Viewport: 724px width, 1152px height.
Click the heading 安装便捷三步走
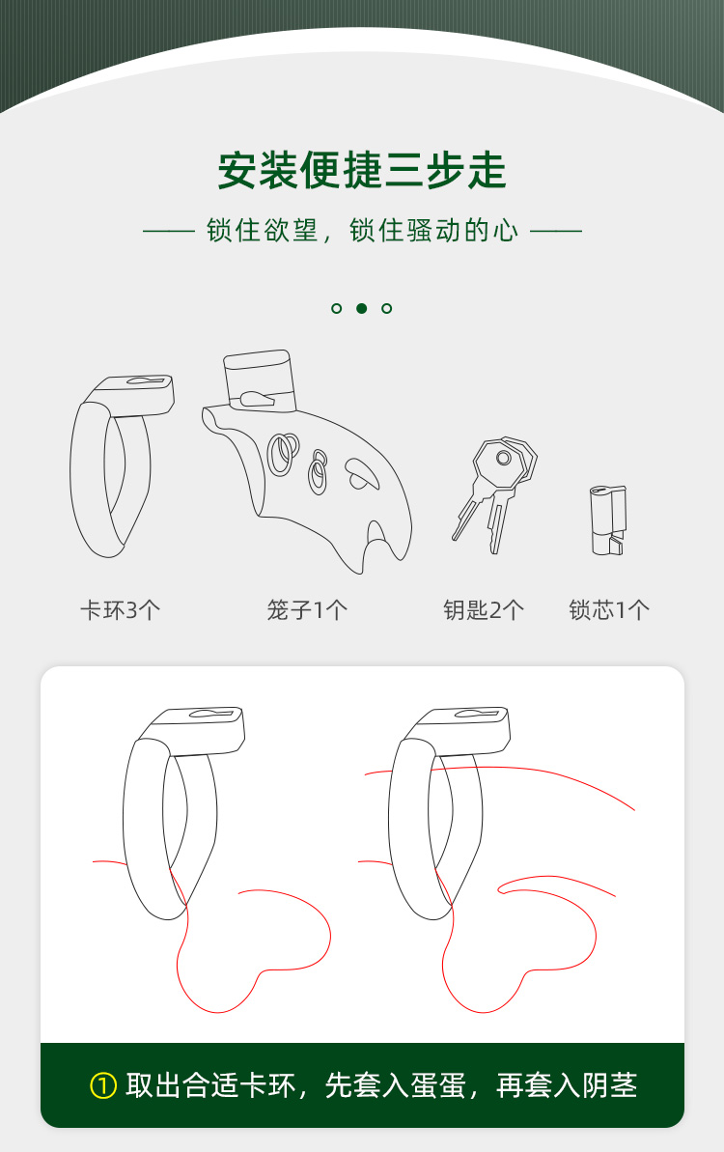coord(362,171)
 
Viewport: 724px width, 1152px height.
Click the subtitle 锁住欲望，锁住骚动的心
coord(362,231)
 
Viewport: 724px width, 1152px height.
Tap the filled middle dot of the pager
coord(361,309)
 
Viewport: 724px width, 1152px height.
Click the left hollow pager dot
coord(336,309)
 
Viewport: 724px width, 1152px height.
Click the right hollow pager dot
coord(386,309)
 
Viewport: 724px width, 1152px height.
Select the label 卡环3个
coord(121,609)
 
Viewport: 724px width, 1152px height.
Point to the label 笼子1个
coord(307,609)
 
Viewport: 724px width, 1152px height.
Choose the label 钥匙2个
coord(484,609)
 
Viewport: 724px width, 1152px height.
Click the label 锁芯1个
coord(609,609)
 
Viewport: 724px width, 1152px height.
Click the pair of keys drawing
coord(493,493)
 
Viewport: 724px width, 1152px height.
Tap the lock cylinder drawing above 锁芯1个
coord(608,520)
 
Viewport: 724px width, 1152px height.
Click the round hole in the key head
coord(503,459)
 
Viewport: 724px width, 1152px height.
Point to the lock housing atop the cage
coord(260,380)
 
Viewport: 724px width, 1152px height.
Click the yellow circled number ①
coord(102,1086)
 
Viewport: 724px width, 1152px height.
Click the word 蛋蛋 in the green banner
coord(438,1086)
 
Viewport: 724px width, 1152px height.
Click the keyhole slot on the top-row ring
coord(148,381)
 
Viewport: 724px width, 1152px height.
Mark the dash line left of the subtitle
coord(169,231)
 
